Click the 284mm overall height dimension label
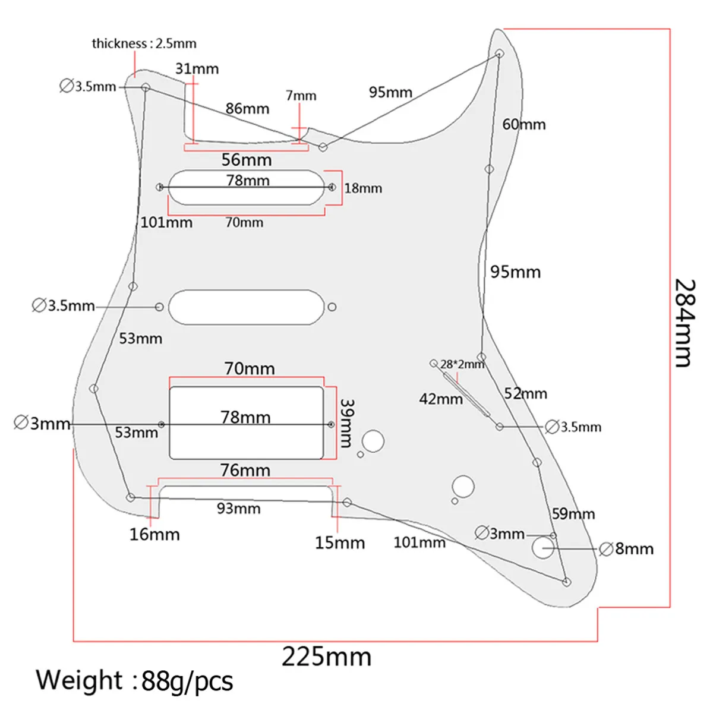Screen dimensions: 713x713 coord(685,323)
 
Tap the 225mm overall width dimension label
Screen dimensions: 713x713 coord(326,657)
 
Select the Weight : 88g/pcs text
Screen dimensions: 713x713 coord(134,681)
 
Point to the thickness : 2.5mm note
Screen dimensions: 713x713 coord(144,43)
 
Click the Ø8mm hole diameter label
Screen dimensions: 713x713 coord(626,549)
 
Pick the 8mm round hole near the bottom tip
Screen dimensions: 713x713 coord(543,548)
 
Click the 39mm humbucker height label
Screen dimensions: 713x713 coord(346,423)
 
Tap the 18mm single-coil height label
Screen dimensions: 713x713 coord(363,188)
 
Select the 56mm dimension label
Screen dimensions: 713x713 coord(247,160)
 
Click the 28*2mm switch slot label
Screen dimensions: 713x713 coord(462,364)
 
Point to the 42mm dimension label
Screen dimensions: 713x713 coord(441,399)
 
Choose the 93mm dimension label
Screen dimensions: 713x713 coord(239,509)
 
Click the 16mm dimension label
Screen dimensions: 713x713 coord(154,535)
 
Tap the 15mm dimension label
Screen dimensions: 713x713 coord(340,543)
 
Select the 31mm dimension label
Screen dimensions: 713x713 coord(197,69)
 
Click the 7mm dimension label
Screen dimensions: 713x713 coord(301,96)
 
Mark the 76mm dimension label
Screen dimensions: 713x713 coord(245,470)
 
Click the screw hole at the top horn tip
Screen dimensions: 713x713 coord(499,53)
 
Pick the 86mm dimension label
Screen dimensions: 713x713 coord(247,109)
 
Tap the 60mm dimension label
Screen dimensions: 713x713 coord(523,125)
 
